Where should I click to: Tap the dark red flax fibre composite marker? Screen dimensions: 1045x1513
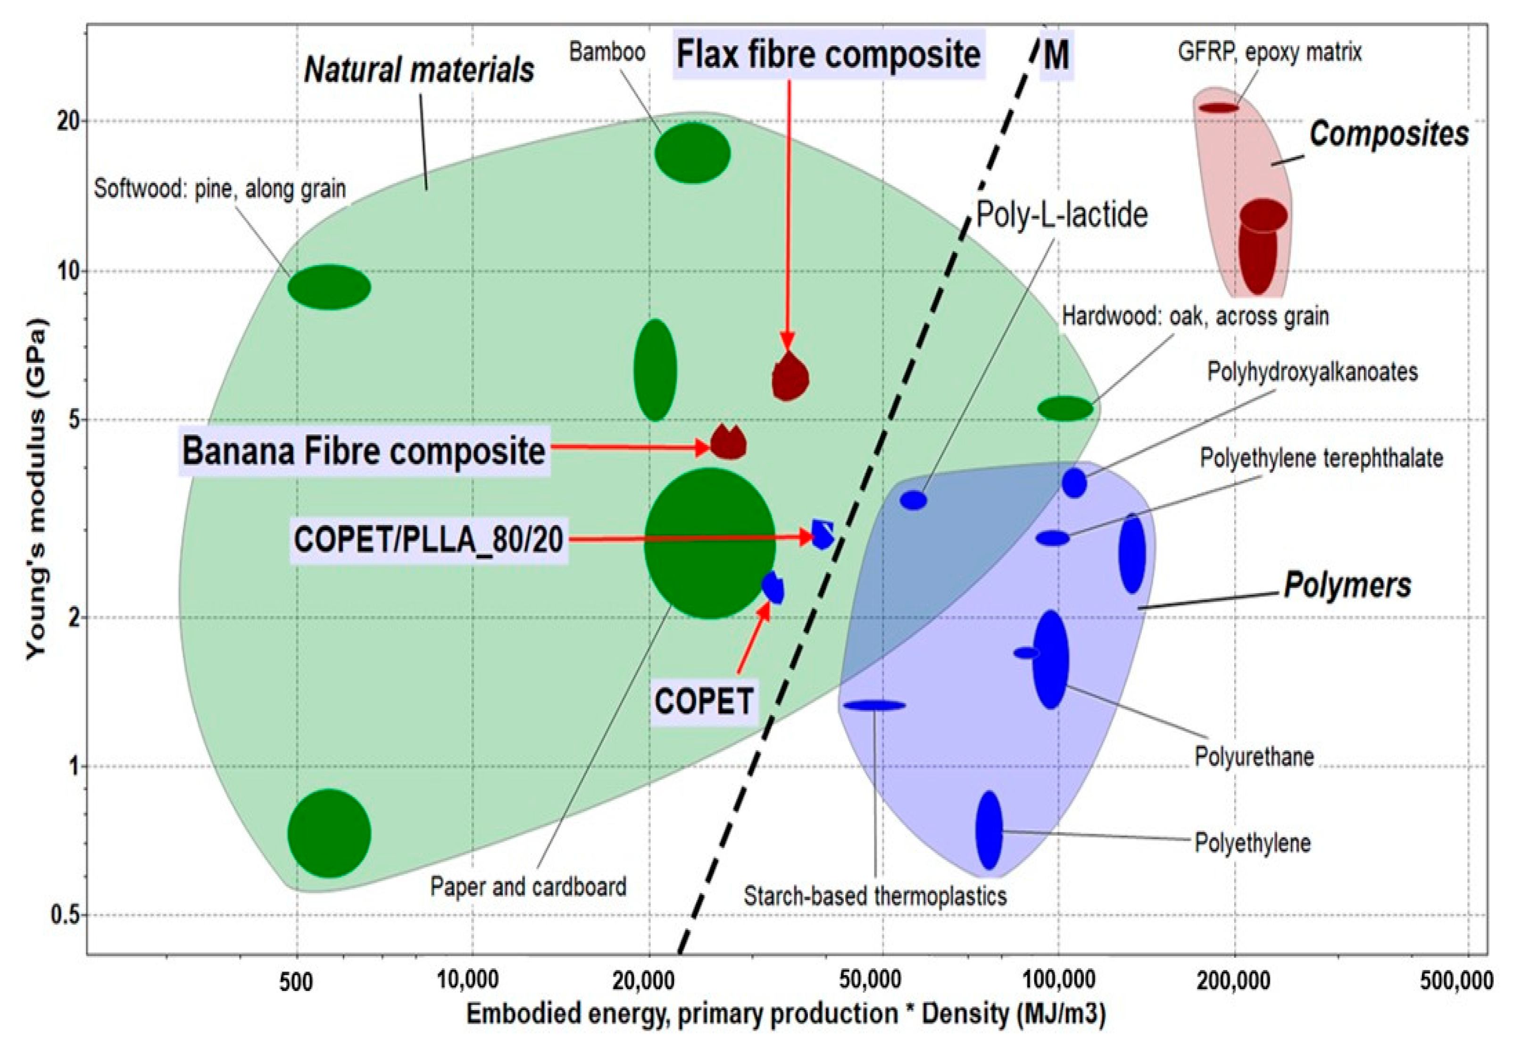[x=790, y=378]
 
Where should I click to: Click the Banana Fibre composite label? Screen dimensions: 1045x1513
[x=364, y=451]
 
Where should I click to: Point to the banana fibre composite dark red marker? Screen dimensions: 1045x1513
[x=728, y=443]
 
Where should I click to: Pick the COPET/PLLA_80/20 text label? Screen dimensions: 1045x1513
[x=429, y=540]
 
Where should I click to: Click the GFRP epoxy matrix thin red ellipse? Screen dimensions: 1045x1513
[x=1219, y=108]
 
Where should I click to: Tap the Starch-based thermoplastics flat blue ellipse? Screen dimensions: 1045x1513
[x=874, y=705]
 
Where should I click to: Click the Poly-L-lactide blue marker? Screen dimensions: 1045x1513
[x=914, y=500]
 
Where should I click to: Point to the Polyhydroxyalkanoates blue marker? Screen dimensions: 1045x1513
[x=1074, y=483]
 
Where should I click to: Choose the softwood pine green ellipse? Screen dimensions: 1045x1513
[x=329, y=287]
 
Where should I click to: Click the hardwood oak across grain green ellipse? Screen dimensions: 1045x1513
[x=1065, y=408]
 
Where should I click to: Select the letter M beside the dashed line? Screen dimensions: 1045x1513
[x=1056, y=56]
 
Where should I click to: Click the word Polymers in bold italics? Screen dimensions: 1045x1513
[x=1347, y=585]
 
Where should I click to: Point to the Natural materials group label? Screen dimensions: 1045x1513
[x=419, y=69]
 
